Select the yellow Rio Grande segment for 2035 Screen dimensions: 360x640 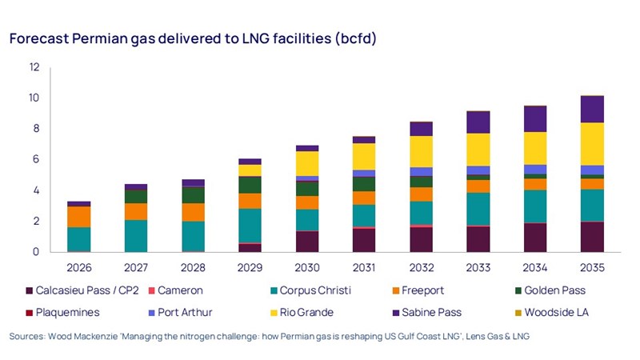click(x=592, y=144)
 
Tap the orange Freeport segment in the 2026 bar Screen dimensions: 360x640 click(x=78, y=217)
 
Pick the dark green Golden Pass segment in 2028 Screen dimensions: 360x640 click(x=193, y=195)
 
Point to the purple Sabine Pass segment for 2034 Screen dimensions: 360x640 click(x=535, y=119)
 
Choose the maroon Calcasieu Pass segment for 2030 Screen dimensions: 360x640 click(x=307, y=242)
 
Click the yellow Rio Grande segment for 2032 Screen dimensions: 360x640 click(x=421, y=152)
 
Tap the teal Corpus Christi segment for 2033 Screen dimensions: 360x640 click(x=478, y=210)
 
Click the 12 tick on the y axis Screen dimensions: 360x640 click(x=34, y=67)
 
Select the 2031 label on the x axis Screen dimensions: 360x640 click(x=364, y=267)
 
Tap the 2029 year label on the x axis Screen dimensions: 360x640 click(x=250, y=267)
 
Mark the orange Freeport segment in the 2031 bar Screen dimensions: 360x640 click(x=364, y=198)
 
